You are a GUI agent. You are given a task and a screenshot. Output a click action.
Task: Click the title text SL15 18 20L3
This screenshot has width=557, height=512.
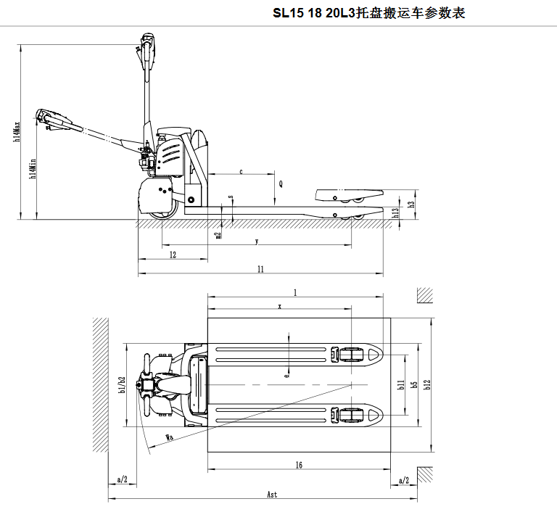click(314, 13)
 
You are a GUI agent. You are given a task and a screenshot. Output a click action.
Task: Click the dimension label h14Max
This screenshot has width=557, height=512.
click(16, 131)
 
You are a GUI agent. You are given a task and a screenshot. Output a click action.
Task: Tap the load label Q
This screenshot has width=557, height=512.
click(281, 184)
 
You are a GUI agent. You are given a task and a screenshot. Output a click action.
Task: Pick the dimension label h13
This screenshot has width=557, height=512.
click(395, 212)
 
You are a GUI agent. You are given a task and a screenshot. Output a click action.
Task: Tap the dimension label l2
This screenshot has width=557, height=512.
click(173, 255)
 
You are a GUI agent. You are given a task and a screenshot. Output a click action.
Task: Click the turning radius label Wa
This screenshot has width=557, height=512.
click(169, 437)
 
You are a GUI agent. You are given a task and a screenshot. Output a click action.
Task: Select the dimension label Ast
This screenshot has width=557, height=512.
click(272, 495)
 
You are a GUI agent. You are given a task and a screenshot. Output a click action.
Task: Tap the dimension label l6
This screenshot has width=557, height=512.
click(299, 465)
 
